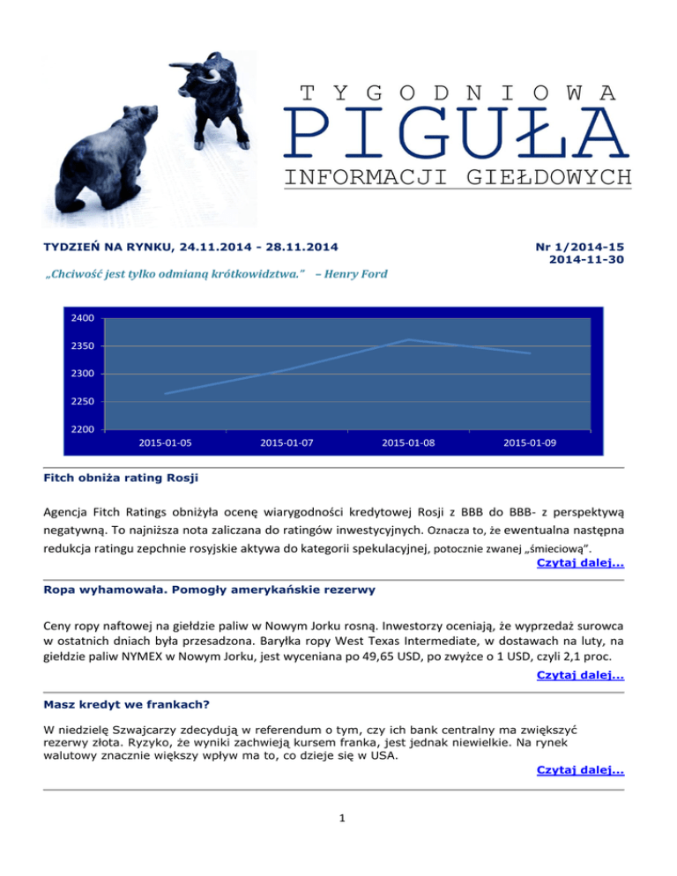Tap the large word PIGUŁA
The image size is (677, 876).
click(455, 131)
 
